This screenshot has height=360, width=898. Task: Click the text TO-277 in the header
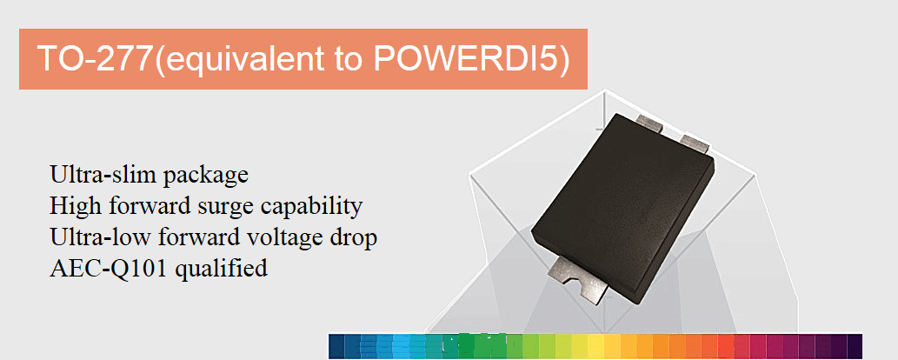pos(95,59)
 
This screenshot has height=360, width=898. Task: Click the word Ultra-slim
pos(103,174)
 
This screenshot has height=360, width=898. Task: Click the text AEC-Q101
pos(109,268)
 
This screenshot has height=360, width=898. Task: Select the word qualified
pos(222,269)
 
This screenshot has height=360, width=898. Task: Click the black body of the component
pos(622,206)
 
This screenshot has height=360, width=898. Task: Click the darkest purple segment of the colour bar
pos(855,346)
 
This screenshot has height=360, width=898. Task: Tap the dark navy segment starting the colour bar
pos(336,346)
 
